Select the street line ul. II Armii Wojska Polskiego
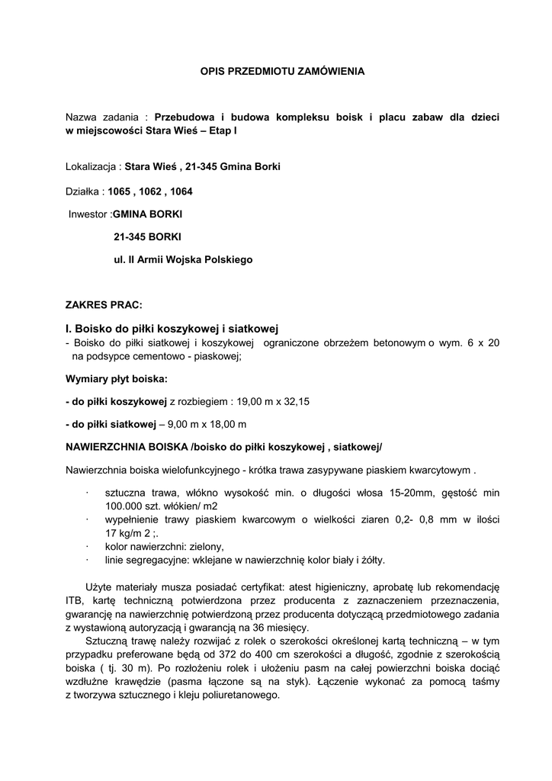(182, 259)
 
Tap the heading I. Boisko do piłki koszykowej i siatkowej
(173, 329)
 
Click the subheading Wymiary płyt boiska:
(117, 378)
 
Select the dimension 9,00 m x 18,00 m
(220, 423)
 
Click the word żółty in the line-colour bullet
(371, 561)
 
